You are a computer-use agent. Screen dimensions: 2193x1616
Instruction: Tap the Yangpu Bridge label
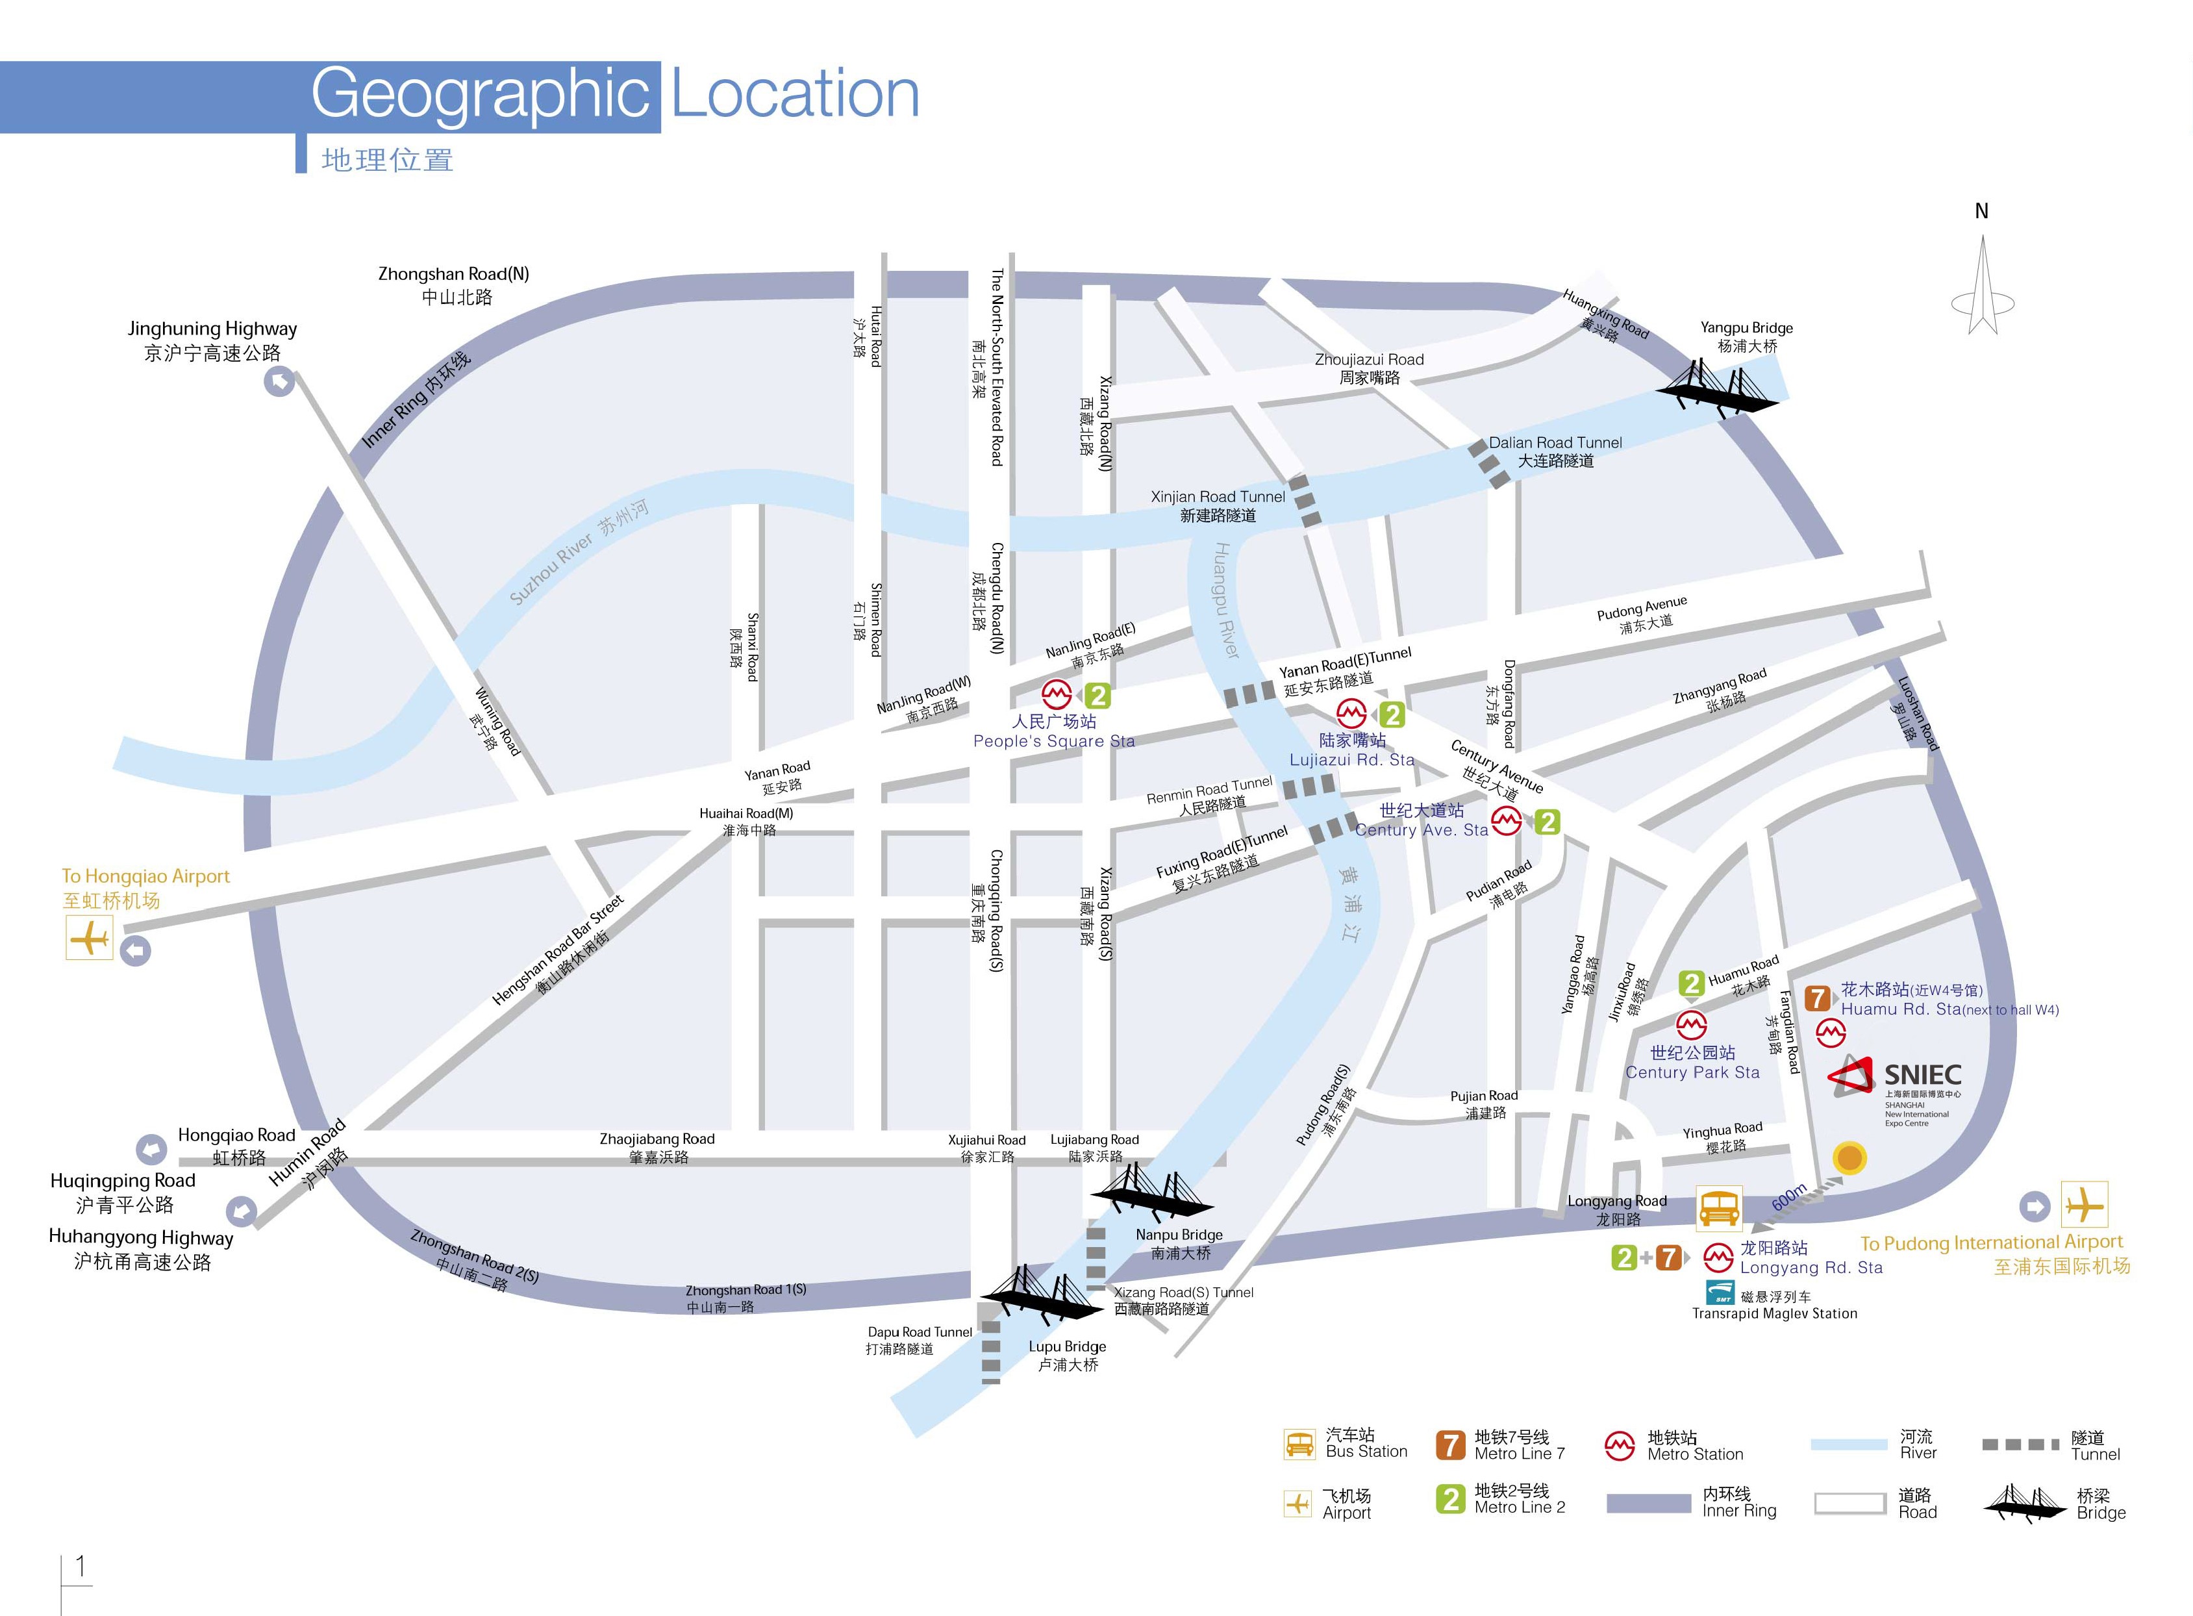coord(1746,336)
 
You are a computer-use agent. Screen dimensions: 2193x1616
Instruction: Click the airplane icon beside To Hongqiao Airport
coord(90,938)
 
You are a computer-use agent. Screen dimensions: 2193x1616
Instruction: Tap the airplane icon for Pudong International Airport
coord(2085,1204)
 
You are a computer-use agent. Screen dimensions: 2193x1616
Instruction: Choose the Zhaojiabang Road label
coord(657,1148)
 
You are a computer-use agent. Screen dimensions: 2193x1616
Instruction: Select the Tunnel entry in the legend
coord(2051,1445)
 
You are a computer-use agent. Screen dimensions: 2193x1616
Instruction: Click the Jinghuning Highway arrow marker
coord(280,381)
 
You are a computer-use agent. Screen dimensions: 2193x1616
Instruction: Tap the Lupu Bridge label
coord(1067,1355)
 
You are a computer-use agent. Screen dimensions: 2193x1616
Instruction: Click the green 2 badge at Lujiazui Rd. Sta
coord(1392,715)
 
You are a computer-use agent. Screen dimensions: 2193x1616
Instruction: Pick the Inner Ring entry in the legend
coord(1691,1502)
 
